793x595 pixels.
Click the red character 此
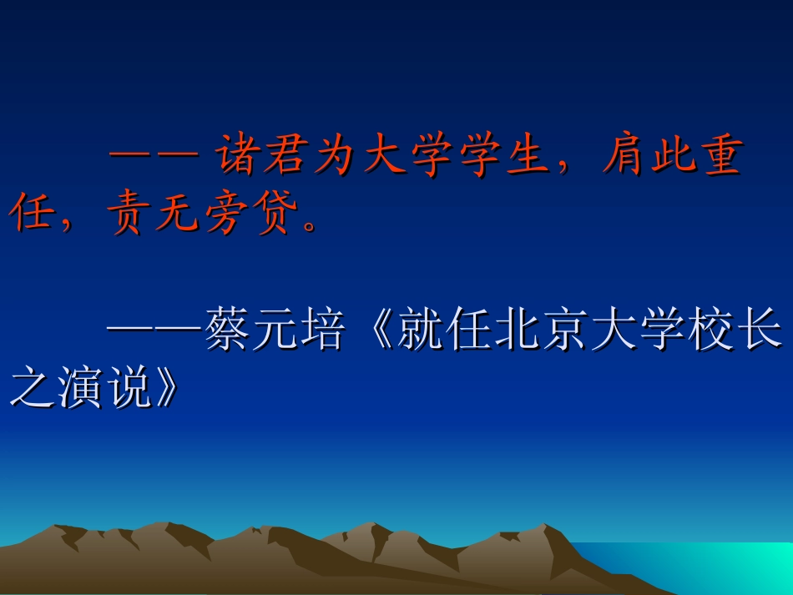pyautogui.click(x=673, y=159)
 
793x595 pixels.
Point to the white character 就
pyautogui.click(x=422, y=331)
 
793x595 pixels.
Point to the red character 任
pyautogui.click(x=31, y=216)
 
